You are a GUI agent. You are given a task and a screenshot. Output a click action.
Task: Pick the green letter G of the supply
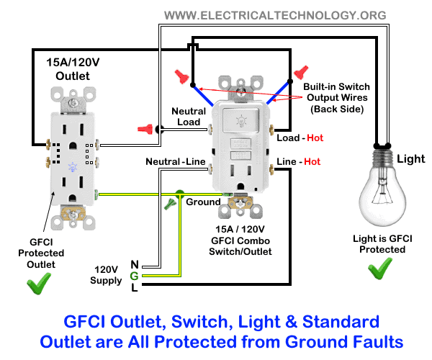pos(134,275)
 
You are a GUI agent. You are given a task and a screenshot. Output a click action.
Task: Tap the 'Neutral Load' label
pos(189,117)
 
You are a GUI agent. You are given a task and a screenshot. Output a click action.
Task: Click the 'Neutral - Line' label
pos(175,162)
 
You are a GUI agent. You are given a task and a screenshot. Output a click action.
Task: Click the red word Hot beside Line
pos(312,162)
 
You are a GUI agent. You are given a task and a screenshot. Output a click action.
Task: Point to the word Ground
pos(203,202)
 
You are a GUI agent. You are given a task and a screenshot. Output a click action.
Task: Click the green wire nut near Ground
pos(171,204)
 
